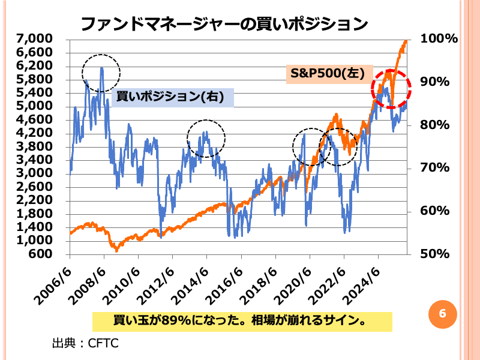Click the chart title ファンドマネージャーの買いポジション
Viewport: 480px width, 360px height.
coord(223,24)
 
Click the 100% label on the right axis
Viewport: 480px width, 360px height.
coord(440,39)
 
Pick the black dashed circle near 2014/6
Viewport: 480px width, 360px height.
coord(206,139)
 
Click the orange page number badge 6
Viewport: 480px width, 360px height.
coord(443,314)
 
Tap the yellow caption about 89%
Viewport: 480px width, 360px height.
coord(242,320)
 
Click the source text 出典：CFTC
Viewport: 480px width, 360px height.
coord(85,343)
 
